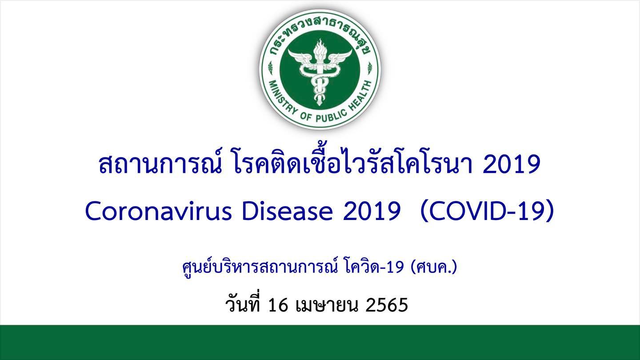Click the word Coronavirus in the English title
[x=159, y=212]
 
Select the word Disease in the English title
[x=288, y=212]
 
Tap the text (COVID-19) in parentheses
[x=487, y=212]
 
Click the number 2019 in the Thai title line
[x=512, y=165]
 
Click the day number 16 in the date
[x=278, y=305]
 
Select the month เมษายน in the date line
[x=327, y=305]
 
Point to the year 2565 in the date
[x=386, y=305]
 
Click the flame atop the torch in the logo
[x=320, y=48]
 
